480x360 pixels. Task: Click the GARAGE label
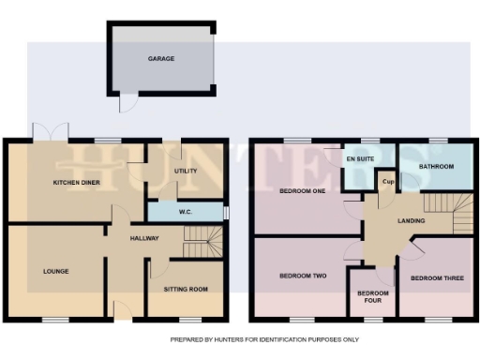(x=161, y=58)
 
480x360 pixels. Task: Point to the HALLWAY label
(x=145, y=238)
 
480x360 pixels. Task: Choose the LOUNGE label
(x=55, y=271)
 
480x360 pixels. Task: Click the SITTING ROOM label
(x=187, y=290)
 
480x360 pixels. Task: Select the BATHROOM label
(x=437, y=166)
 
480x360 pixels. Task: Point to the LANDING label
(x=411, y=221)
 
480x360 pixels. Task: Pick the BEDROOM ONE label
(x=303, y=191)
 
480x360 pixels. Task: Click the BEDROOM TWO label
(x=303, y=277)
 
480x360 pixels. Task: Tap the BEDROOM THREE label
(x=438, y=277)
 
